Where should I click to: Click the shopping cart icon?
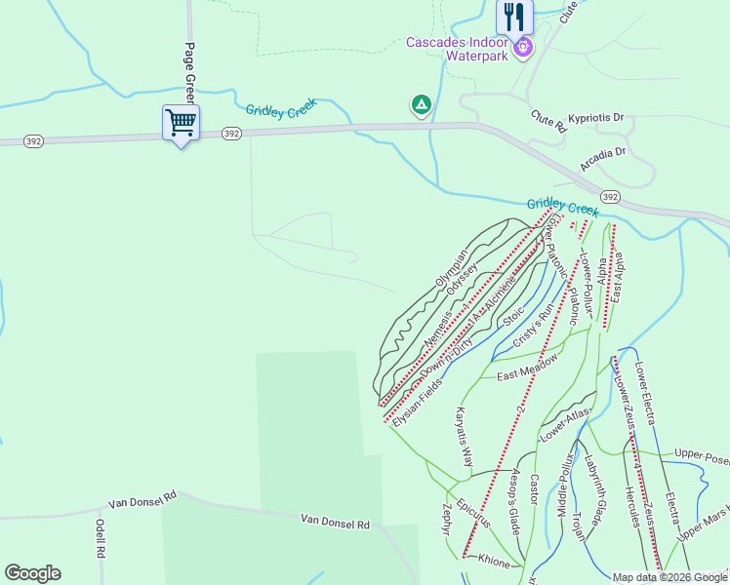coord(181,124)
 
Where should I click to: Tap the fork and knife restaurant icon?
coord(514,17)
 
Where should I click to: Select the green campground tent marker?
coord(421,103)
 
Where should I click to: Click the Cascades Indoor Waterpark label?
coord(457,49)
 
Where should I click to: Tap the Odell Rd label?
coord(100,537)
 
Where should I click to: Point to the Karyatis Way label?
coord(462,435)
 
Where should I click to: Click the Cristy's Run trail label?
coord(533,329)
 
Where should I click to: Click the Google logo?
coord(32,573)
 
